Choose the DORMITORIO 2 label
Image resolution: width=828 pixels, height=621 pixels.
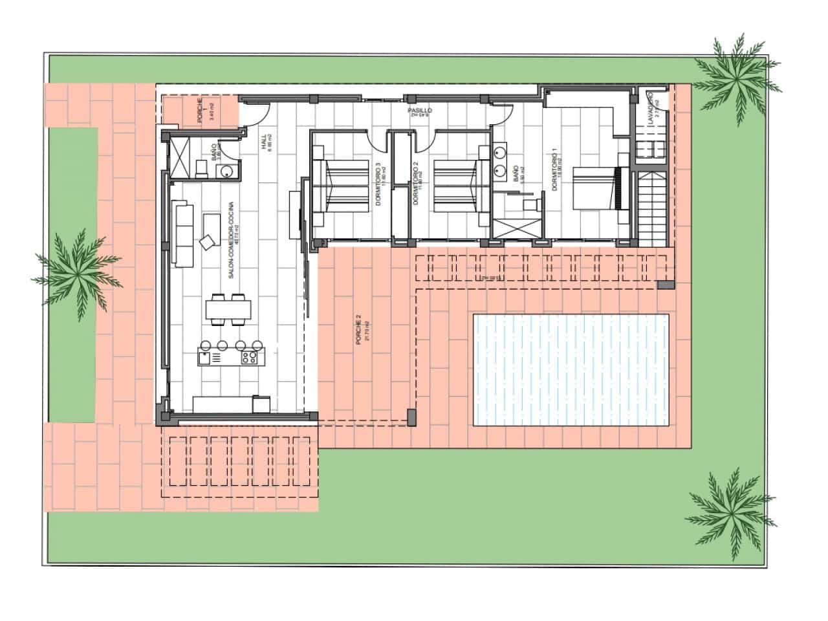point(417,186)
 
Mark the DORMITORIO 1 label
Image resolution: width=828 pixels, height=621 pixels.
point(554,169)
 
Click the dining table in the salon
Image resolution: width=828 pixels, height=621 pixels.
point(228,309)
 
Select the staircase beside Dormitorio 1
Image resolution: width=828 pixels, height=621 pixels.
point(652,204)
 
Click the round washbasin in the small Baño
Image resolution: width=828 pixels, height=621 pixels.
point(226,171)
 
